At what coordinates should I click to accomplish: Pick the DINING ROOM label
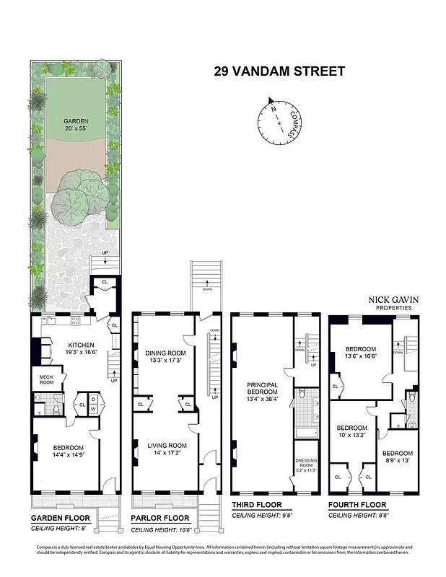165,357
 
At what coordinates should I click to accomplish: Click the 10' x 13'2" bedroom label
352,431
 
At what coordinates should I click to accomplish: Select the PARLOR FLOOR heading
160,518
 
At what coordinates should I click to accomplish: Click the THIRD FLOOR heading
256,505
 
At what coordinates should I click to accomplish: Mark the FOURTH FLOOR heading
357,505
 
